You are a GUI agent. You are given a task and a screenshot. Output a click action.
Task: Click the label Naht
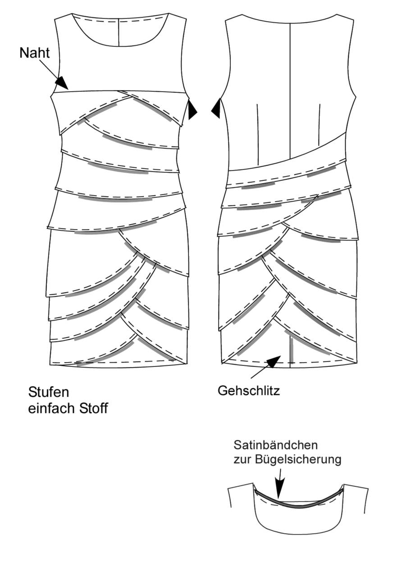34,53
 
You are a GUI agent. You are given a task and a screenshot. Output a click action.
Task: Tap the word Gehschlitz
249,391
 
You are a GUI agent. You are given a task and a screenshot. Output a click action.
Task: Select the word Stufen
48,392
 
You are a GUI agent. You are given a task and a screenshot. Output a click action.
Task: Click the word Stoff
93,409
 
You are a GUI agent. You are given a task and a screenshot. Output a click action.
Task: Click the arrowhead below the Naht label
62,83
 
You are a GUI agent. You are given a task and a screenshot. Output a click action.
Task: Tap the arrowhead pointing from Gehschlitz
273,361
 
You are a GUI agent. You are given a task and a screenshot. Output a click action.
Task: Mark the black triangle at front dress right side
192,110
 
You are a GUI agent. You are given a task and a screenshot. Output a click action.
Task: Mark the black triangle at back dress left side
216,108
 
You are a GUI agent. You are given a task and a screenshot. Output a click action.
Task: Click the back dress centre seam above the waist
290,91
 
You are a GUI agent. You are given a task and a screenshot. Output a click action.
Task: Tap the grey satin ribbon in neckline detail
298,499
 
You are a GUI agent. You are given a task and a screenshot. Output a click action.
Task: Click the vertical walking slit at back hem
292,351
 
